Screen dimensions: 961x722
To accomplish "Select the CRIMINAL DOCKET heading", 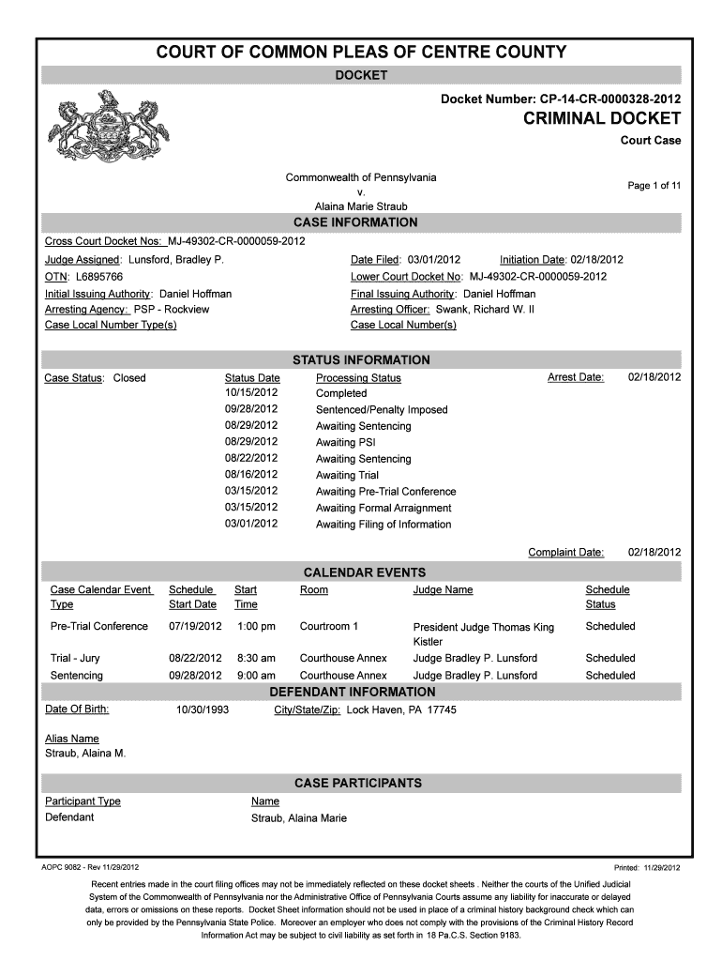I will coord(595,118).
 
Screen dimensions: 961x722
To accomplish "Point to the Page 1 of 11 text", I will coord(654,186).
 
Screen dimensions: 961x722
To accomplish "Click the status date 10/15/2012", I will coord(251,393).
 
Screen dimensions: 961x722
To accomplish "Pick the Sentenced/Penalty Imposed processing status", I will coord(382,410).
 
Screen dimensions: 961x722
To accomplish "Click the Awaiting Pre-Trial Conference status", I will coord(385,492).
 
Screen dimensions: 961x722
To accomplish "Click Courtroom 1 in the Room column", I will coord(328,626).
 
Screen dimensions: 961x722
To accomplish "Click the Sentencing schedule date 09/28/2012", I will coord(195,676).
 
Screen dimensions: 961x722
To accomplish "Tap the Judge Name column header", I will coord(443,590).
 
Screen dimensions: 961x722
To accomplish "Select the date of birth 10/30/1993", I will coord(203,710).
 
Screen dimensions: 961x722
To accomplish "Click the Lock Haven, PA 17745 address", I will coord(401,710).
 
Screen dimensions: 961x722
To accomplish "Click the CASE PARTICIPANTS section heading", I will coord(357,783).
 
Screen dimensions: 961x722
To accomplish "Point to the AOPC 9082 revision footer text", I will coord(92,867).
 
